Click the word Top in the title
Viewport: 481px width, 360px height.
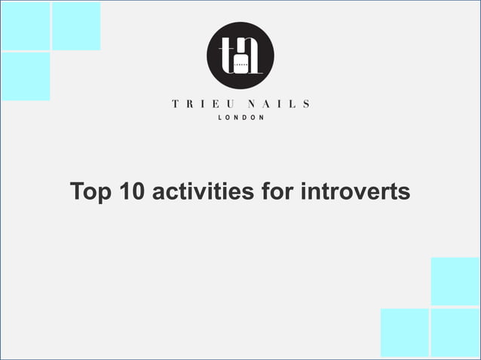(x=90, y=192)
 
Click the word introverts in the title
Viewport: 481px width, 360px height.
(x=355, y=192)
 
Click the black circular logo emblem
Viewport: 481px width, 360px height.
(x=240, y=56)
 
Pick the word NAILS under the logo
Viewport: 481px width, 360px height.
(x=278, y=105)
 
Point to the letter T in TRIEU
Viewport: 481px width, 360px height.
(x=175, y=105)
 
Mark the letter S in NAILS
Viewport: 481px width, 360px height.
(x=305, y=105)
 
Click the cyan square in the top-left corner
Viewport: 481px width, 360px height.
(x=25, y=25)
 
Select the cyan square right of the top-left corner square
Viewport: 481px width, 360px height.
(x=75, y=25)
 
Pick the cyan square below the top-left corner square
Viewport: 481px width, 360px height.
(x=25, y=76)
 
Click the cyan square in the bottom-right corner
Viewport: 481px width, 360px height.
(x=455, y=333)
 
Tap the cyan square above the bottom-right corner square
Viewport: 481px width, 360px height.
(x=455, y=281)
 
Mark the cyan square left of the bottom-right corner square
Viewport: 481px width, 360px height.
(x=405, y=333)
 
